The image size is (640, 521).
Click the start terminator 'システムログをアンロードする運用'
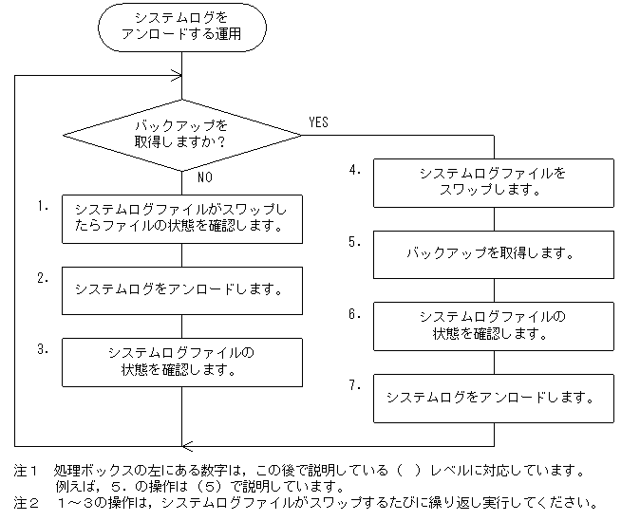click(x=180, y=29)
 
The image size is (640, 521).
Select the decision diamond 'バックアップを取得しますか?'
click(x=180, y=134)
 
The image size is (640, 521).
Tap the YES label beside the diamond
click(x=320, y=121)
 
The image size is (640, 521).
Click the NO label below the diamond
click(x=204, y=177)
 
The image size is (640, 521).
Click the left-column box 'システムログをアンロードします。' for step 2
click(x=182, y=288)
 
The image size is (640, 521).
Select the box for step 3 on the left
click(x=182, y=362)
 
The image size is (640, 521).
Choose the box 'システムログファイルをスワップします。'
click(x=493, y=181)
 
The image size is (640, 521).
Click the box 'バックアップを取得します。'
click(x=493, y=253)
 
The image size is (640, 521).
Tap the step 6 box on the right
click(x=493, y=325)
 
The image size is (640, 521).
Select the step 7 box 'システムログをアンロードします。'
click(x=493, y=397)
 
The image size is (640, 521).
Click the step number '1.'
click(x=43, y=205)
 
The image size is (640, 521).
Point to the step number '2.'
click(x=43, y=277)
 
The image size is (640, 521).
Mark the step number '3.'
click(x=43, y=349)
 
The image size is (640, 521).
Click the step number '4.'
click(x=354, y=170)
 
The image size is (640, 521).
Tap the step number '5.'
click(x=354, y=242)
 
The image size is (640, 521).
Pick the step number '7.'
click(x=354, y=385)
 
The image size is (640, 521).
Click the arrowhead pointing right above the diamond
click(x=176, y=75)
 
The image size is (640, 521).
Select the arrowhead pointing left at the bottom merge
click(x=187, y=445)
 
